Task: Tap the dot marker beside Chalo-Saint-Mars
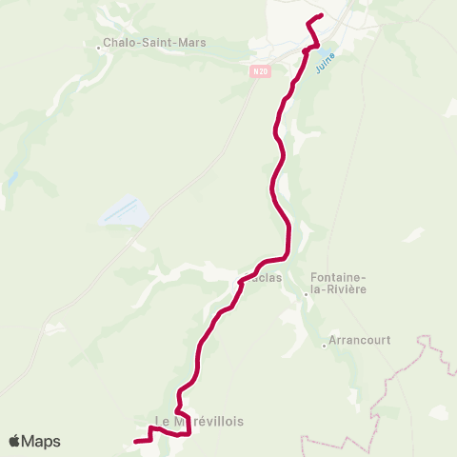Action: coord(99,43)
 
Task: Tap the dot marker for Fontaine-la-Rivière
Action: coord(306,294)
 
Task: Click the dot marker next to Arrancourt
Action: coord(324,347)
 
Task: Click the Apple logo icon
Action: coord(15,441)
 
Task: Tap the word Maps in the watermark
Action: coord(42,441)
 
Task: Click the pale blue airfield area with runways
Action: coord(123,211)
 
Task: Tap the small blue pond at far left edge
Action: coord(13,178)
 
